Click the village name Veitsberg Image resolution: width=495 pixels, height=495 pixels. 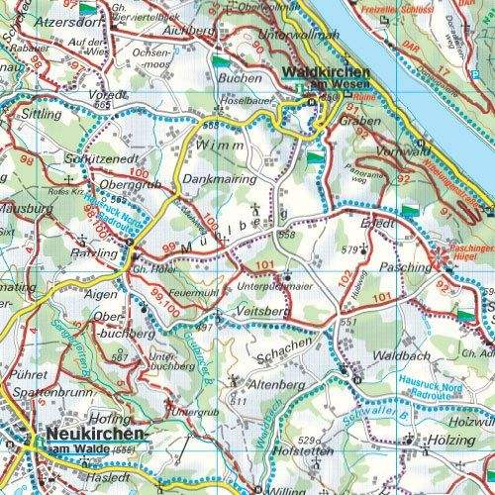[x=262, y=311]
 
